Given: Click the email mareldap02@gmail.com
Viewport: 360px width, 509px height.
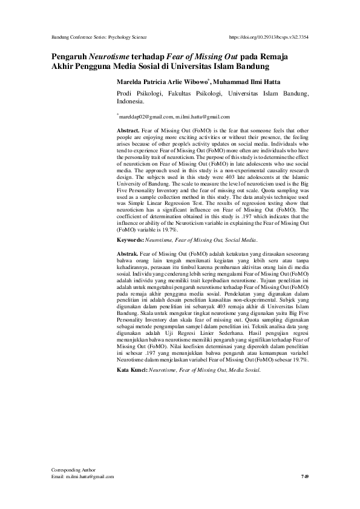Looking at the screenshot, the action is pos(144,116).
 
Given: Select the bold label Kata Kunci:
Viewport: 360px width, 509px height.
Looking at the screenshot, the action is pos(134,369).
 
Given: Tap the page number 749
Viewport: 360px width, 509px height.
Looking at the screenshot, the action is pos(305,477).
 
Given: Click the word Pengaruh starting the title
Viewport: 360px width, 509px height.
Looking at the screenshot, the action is pos(67,56).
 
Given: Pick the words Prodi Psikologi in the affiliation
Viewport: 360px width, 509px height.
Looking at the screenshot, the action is pos(138,94).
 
